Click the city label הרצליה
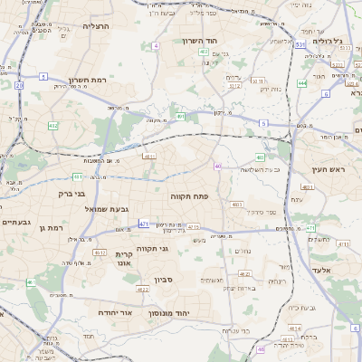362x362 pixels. point(95,26)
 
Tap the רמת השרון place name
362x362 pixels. point(87,79)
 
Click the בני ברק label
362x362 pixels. point(71,193)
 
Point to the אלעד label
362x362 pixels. point(334,271)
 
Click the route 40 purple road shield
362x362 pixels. point(218,166)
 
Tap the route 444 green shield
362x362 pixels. point(301,83)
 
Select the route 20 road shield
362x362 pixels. point(19,85)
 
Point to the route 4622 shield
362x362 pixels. point(143,289)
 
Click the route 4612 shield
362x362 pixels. point(100,252)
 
